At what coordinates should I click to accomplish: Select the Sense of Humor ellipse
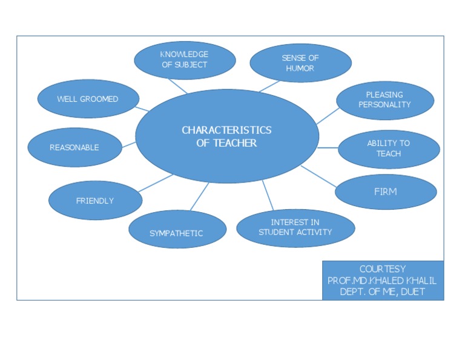(x=300, y=63)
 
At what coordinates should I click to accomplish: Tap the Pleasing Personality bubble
(x=384, y=100)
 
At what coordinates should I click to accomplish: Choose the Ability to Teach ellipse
(x=388, y=148)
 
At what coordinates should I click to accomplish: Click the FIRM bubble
(x=386, y=192)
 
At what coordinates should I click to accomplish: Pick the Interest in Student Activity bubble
(x=295, y=227)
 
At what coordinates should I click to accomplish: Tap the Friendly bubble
(x=95, y=201)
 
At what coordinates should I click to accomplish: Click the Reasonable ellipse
(x=74, y=147)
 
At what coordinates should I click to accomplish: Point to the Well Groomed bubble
(x=88, y=99)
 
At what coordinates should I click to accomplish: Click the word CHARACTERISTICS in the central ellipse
(x=226, y=130)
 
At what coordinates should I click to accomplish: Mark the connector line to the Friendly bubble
(x=156, y=183)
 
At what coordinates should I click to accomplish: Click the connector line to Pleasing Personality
(x=328, y=116)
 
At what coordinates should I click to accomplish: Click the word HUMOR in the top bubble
(x=300, y=68)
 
